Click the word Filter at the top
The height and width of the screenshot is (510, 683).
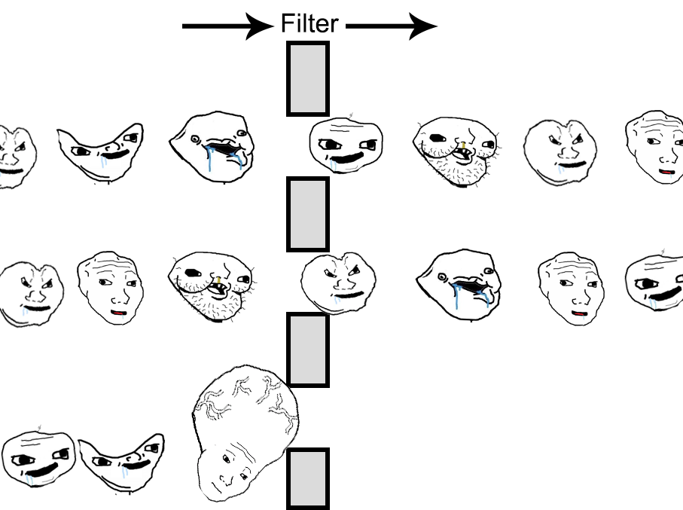pos(309,24)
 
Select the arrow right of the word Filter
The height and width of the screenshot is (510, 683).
pos(391,26)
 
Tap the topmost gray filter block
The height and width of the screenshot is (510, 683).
pos(307,78)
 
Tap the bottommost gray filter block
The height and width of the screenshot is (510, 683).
pos(307,478)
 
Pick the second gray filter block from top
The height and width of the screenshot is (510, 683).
pos(307,214)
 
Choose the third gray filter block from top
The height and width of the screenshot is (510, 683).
pos(307,350)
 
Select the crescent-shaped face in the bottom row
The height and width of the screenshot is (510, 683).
pos(123,461)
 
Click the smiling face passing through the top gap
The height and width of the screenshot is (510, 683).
pos(346,145)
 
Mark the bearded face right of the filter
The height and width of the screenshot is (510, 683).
pos(455,149)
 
